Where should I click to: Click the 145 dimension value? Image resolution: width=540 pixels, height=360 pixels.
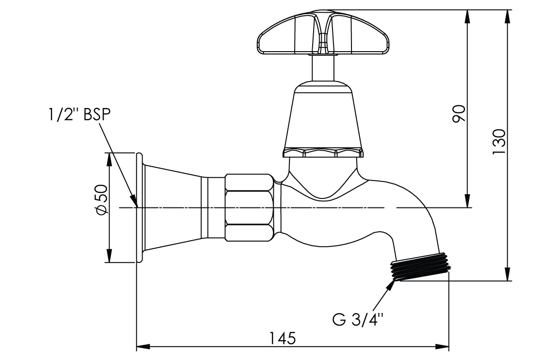click(282, 338)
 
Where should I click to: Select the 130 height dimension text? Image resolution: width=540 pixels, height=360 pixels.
click(498, 141)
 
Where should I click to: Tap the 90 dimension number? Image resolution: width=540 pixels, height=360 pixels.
click(459, 113)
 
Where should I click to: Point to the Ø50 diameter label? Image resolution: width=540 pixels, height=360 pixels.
click(101, 200)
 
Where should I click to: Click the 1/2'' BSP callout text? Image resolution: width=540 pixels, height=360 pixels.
click(79, 115)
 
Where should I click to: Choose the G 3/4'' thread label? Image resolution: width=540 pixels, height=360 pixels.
click(358, 319)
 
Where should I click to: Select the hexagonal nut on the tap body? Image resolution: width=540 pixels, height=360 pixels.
click(249, 207)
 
